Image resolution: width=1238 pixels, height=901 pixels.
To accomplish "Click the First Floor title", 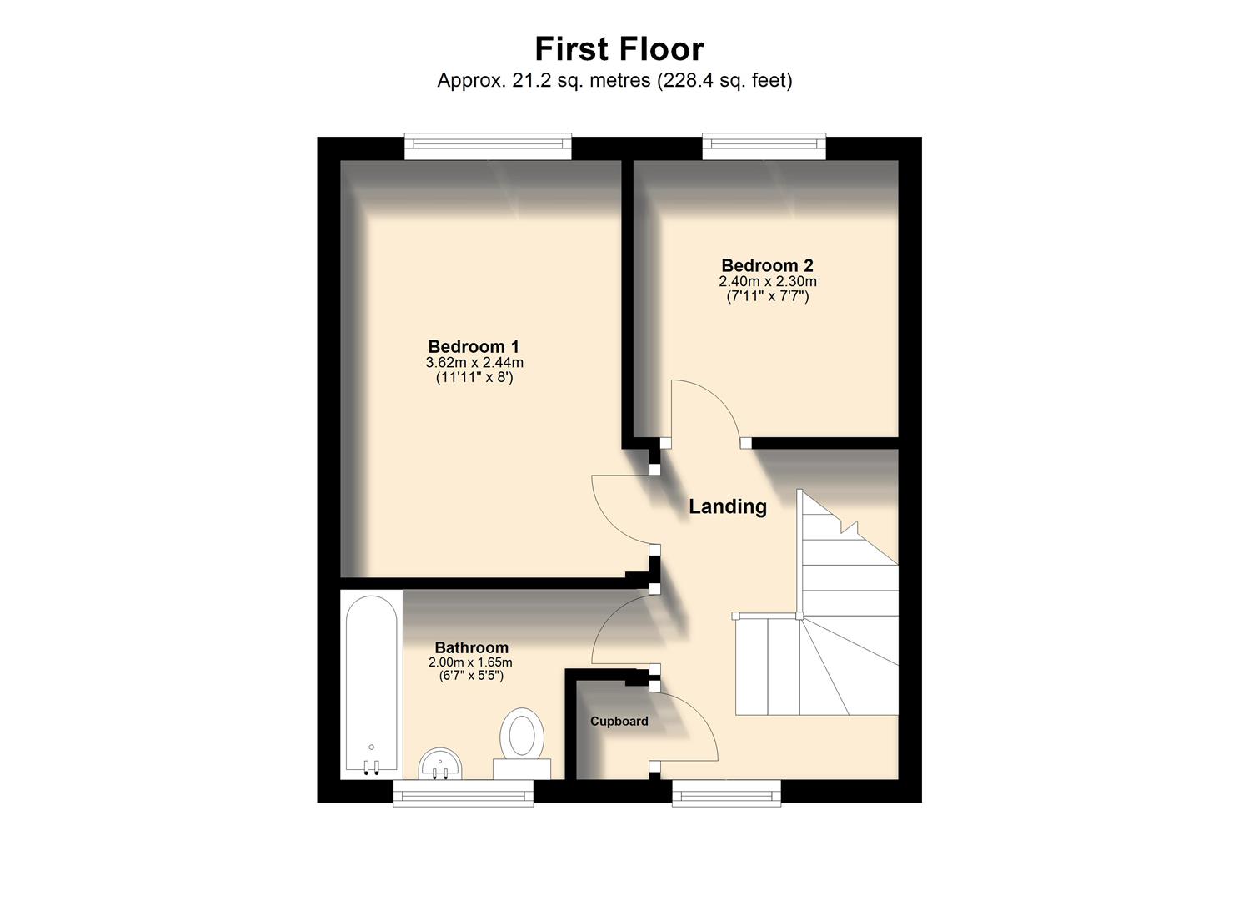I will (619, 49).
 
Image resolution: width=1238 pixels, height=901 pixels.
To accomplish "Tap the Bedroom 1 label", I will (474, 346).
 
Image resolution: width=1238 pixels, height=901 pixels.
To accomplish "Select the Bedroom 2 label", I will (767, 266).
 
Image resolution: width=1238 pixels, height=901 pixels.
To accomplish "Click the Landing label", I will (727, 506).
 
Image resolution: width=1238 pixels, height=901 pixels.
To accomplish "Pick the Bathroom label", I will (471, 647).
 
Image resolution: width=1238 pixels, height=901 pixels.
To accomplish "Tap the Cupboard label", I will (619, 722).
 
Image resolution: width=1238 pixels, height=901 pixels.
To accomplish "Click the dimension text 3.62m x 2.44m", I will (474, 363).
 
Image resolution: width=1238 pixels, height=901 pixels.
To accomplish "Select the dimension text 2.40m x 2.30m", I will (767, 282).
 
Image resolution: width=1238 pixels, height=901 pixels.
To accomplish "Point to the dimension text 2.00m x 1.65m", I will (470, 662).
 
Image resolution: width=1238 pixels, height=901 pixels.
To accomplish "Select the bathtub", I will (372, 684).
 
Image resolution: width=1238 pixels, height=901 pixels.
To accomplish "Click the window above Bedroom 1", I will (489, 147).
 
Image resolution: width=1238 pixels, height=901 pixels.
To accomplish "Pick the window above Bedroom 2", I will (764, 147).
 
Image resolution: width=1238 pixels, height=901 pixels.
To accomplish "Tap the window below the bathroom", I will (463, 793).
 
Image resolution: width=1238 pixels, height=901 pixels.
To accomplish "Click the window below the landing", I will (726, 793).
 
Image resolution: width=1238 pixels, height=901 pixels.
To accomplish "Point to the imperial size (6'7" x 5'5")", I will (470, 676).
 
